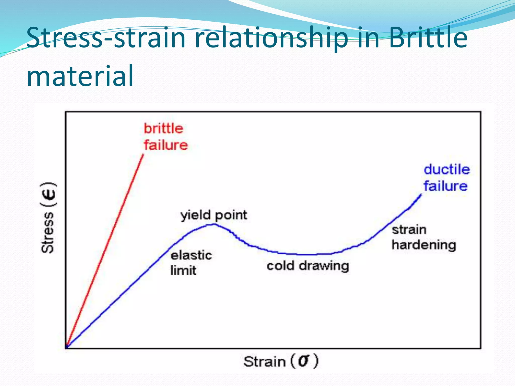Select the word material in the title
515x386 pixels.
pos(80,75)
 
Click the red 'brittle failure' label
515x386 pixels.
pos(165,137)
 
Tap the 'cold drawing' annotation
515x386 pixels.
pos(308,266)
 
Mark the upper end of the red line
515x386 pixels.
pos(143,155)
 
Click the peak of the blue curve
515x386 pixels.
pos(214,224)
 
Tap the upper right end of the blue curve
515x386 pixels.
pos(421,195)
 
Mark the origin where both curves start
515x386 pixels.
pos(66,348)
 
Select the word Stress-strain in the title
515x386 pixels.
pos(106,38)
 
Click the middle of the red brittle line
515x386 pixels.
pos(105,251)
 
